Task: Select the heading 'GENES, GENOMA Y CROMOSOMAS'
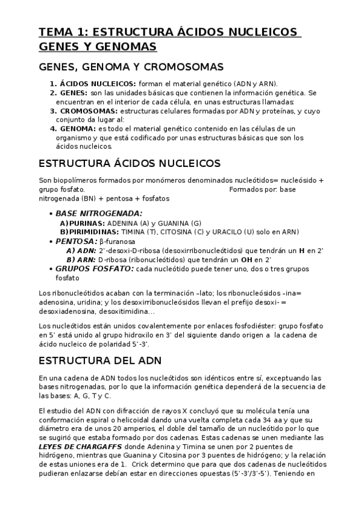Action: tap(131, 66)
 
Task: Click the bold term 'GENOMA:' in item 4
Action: tap(77, 129)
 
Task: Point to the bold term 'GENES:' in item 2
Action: tap(74, 93)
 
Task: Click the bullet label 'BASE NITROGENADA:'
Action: tap(99, 213)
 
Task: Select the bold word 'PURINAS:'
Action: tap(80, 223)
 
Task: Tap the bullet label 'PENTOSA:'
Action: tap(75, 241)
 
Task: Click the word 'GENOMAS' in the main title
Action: tap(128, 46)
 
